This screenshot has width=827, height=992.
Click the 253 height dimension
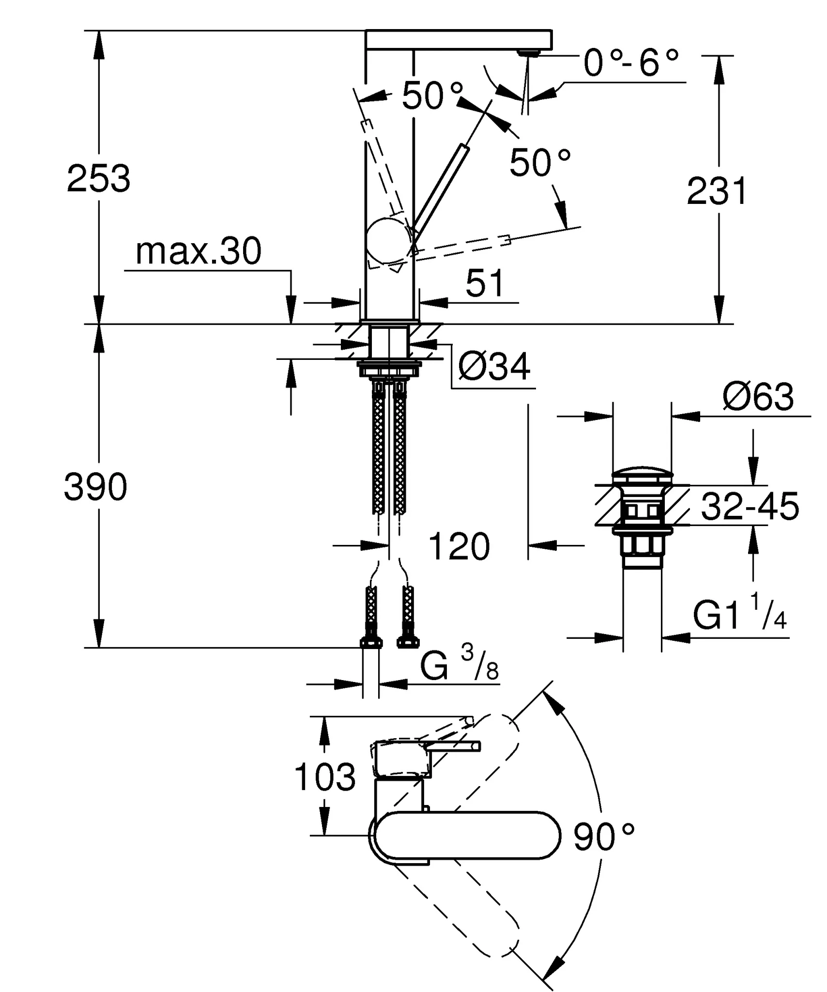(x=99, y=179)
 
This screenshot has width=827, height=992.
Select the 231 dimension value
(x=717, y=191)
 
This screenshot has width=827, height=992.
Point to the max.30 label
(x=199, y=252)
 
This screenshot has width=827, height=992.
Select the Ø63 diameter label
(x=758, y=397)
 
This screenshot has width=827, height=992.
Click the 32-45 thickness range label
(x=750, y=507)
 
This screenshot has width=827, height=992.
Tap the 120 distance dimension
(x=459, y=546)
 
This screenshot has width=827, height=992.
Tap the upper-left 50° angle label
(x=432, y=96)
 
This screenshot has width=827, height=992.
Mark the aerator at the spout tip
(x=528, y=52)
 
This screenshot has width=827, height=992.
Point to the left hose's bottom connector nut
(x=371, y=643)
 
